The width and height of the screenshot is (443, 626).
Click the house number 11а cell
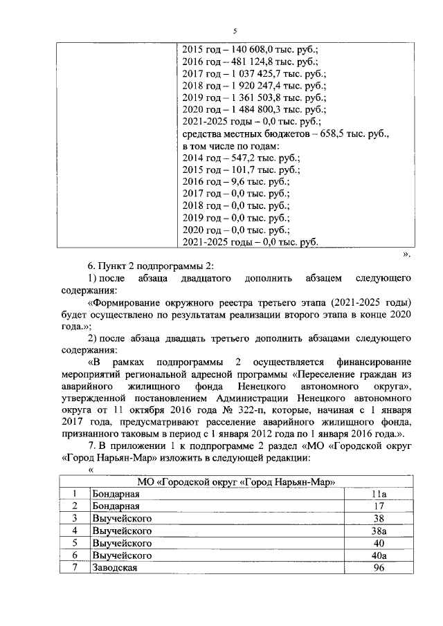coord(378,495)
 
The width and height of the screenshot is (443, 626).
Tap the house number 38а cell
coord(378,531)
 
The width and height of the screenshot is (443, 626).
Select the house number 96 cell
coord(378,568)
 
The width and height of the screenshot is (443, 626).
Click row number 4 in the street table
coord(74,531)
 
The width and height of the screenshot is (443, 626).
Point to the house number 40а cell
coord(378,555)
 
